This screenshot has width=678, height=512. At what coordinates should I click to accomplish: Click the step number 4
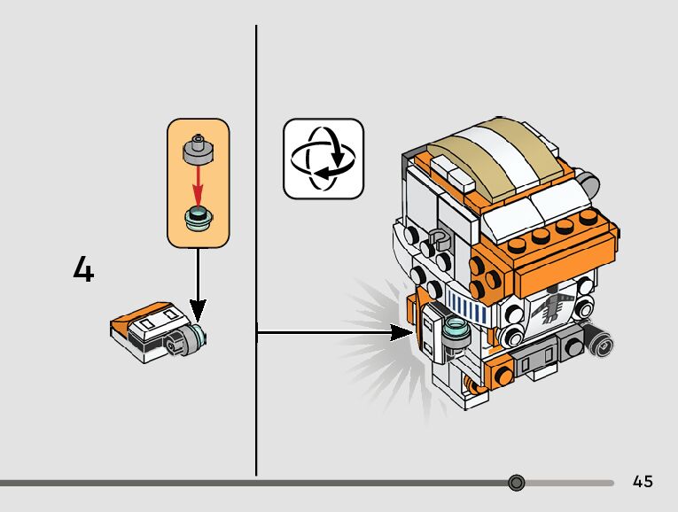[x=83, y=270]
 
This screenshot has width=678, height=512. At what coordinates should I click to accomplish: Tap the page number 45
[x=643, y=482]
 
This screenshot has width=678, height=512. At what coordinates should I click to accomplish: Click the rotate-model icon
[x=323, y=159]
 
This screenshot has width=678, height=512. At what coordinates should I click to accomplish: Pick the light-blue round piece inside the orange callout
[x=199, y=217]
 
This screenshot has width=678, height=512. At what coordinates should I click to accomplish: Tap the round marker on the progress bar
[x=518, y=483]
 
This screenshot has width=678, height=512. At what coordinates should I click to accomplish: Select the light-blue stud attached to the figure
[x=458, y=330]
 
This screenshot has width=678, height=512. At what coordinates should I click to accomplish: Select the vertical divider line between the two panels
[x=257, y=248]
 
